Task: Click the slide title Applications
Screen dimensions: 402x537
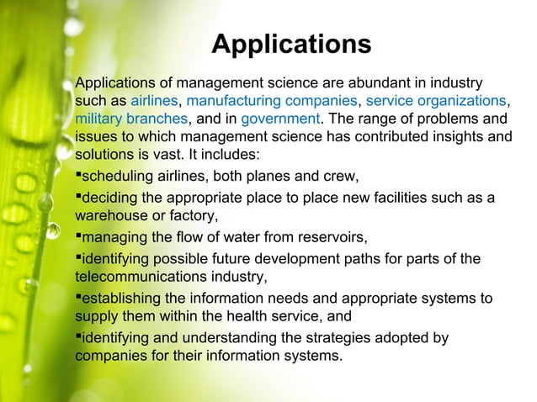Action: point(290,44)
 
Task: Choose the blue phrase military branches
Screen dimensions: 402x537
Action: point(130,120)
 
